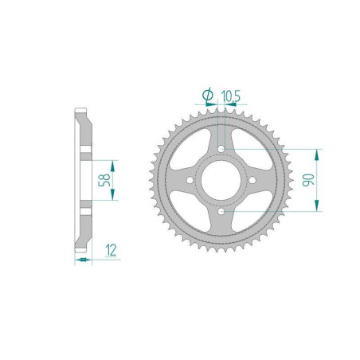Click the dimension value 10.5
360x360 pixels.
click(x=232, y=96)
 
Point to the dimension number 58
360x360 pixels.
click(x=104, y=180)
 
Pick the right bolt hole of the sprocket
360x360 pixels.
click(x=253, y=181)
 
